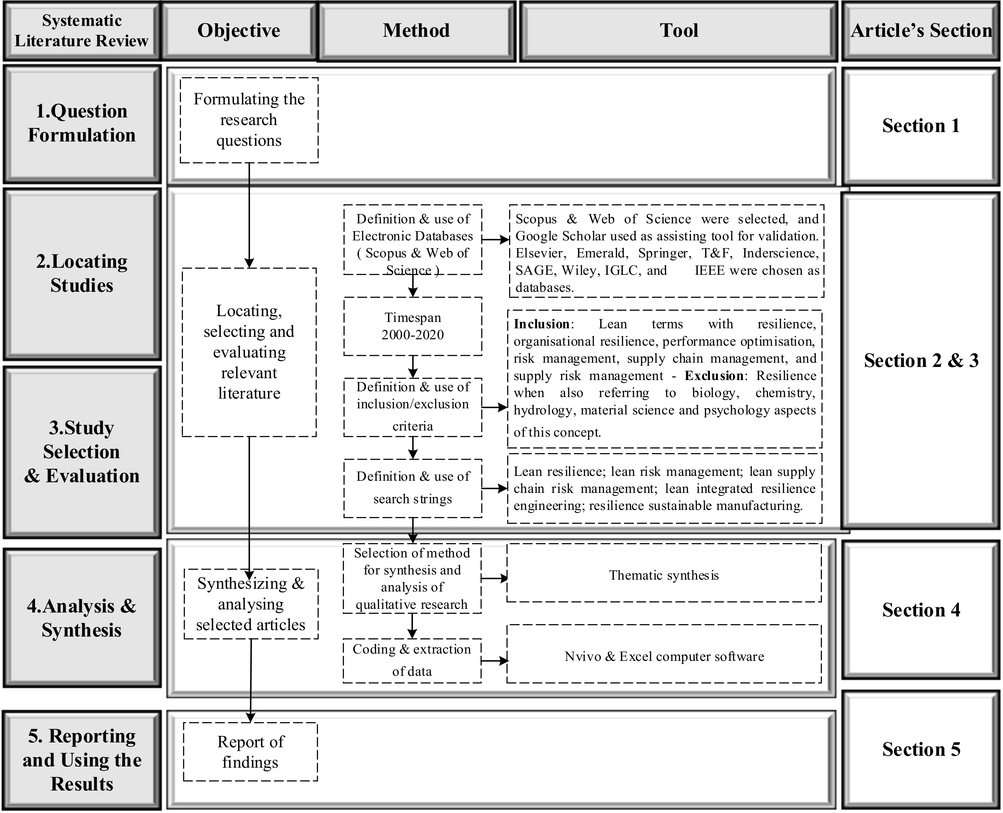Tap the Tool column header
pyautogui.click(x=679, y=31)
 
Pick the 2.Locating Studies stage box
pyautogui.click(x=82, y=274)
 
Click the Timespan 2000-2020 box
pyautogui.click(x=413, y=326)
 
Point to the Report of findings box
pyautogui.click(x=250, y=752)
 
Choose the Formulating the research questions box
pyautogui.click(x=249, y=120)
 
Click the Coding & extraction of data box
pyautogui.click(x=412, y=660)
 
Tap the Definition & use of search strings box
pyautogui.click(x=413, y=488)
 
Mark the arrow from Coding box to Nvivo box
pyautogui.click(x=494, y=661)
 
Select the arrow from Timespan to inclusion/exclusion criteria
pyautogui.click(x=413, y=367)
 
